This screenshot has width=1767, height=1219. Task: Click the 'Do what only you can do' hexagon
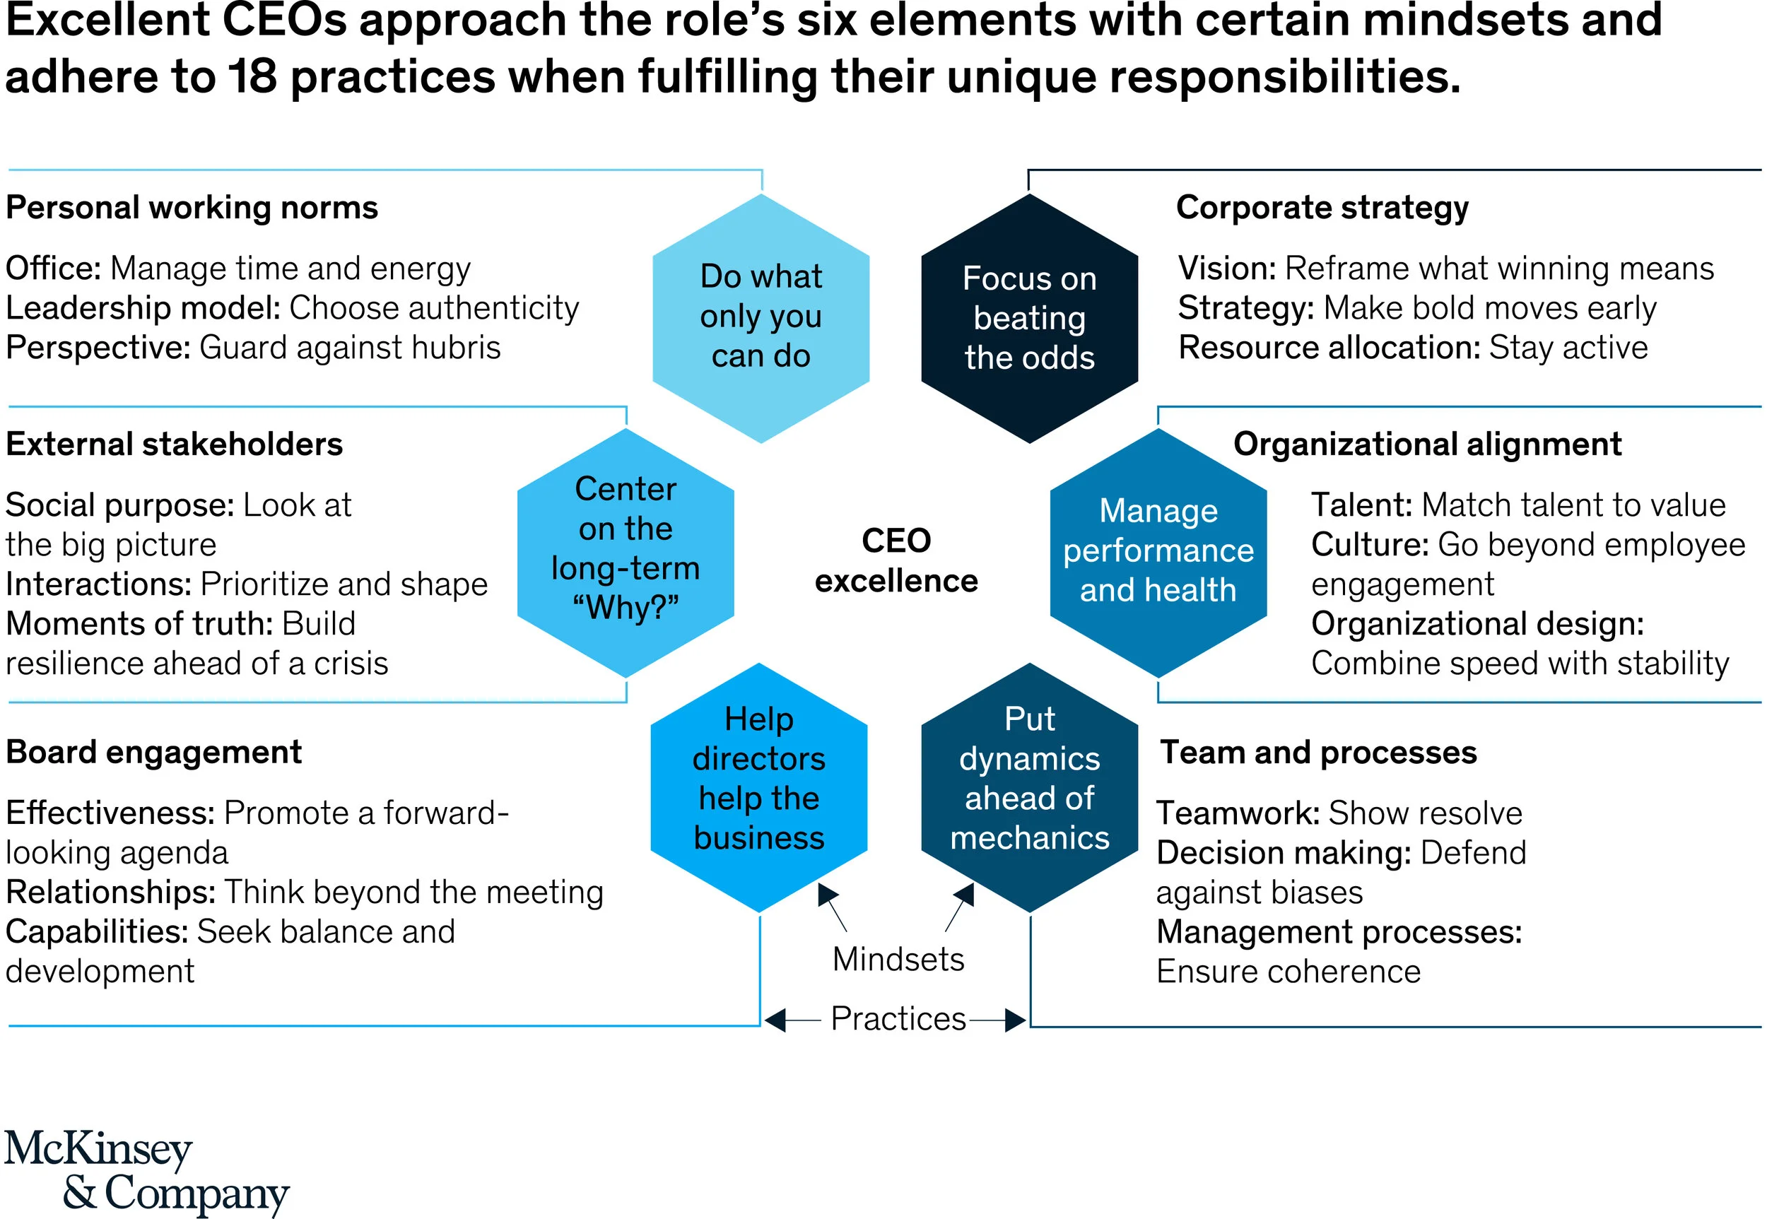(x=761, y=317)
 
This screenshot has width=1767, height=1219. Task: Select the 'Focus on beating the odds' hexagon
(x=1029, y=317)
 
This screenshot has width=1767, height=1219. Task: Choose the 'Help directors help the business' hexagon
(x=758, y=787)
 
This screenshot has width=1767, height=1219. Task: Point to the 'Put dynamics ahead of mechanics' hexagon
(x=1029, y=787)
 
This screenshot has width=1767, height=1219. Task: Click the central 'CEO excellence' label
(x=896, y=560)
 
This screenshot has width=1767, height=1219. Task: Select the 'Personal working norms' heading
(x=192, y=208)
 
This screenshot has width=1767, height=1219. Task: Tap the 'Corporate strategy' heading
(x=1322, y=208)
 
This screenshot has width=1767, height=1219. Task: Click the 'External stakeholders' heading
(x=174, y=444)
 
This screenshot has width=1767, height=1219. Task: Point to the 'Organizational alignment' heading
(x=1427, y=444)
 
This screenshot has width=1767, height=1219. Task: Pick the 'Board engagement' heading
(x=153, y=753)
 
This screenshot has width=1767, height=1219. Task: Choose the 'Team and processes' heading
(x=1317, y=753)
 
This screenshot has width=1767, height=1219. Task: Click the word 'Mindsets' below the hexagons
(x=898, y=960)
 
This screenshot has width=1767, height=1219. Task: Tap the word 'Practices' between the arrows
(x=898, y=1019)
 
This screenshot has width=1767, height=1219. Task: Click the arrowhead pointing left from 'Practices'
(x=775, y=1020)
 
